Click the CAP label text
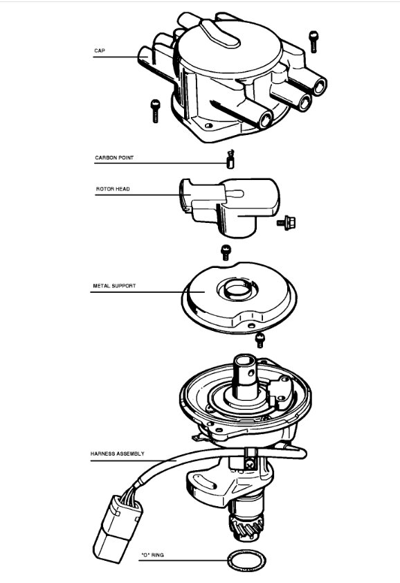click(x=100, y=51)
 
